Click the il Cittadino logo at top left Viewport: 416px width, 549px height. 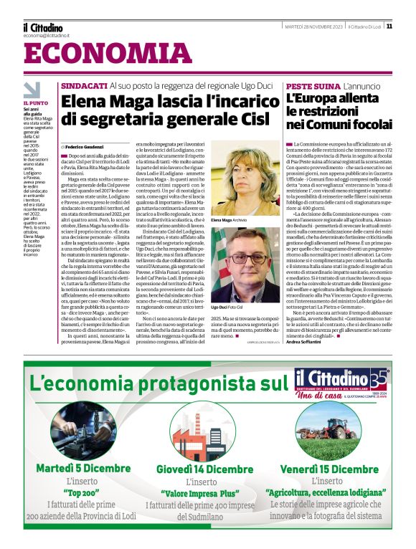coord(42,27)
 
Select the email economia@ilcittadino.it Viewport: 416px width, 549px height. coord(46,35)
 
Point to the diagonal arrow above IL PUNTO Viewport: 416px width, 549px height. coord(32,90)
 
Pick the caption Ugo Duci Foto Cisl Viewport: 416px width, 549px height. coord(227,307)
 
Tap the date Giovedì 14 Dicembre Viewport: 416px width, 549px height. coord(204,469)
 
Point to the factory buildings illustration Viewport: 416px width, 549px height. coord(204,427)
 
